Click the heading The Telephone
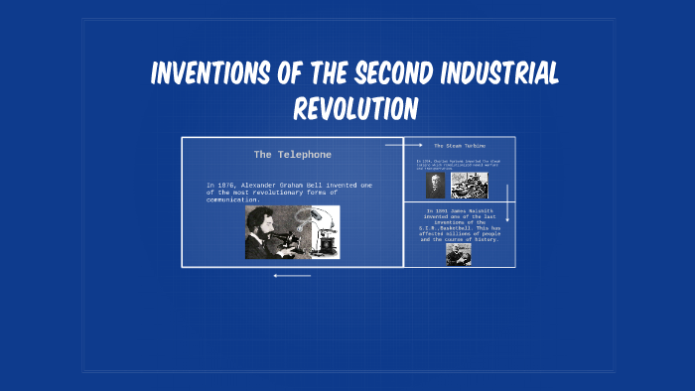[x=292, y=155]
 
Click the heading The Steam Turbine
[x=460, y=146]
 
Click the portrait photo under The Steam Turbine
[x=436, y=185]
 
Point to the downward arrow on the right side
[x=507, y=202]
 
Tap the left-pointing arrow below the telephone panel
[x=292, y=276]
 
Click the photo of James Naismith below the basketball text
[x=458, y=255]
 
